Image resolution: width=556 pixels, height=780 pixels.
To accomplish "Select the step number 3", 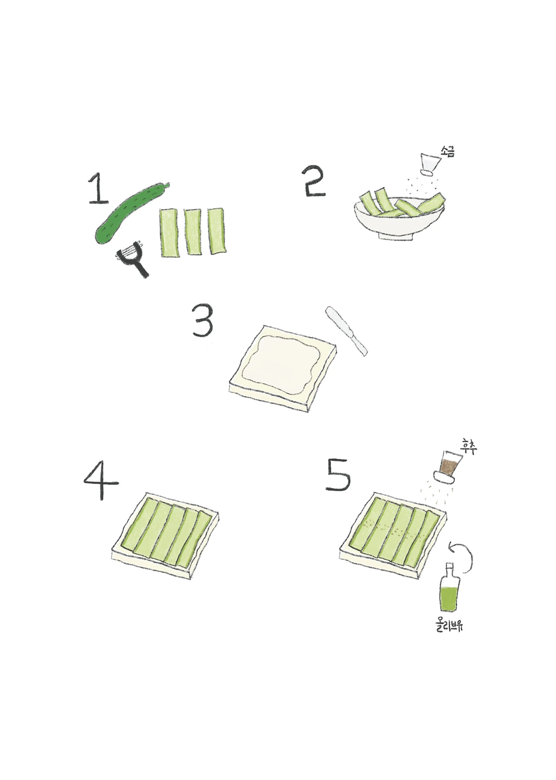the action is click(203, 322).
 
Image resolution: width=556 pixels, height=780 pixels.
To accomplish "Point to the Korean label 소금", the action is click(447, 152).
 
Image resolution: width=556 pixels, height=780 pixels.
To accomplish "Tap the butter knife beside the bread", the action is click(347, 331).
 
